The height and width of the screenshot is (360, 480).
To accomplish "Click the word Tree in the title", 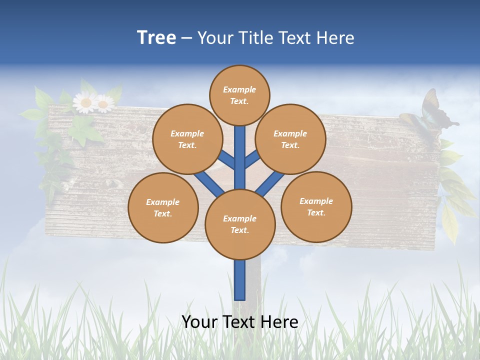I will pyautogui.click(x=156, y=37).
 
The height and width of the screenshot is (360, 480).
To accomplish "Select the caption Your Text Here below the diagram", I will pyautogui.click(x=240, y=322).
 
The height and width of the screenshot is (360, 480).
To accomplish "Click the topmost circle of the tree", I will pyautogui.click(x=239, y=95).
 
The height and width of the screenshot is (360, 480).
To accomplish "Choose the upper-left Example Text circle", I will pyautogui.click(x=187, y=139).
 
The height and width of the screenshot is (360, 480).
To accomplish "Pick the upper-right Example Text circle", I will pyautogui.click(x=290, y=139).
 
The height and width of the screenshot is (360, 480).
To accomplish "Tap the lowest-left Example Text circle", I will pyautogui.click(x=163, y=207).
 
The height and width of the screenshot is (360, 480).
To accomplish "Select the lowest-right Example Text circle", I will pyautogui.click(x=316, y=206).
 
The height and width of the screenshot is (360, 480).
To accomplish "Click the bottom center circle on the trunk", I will pyautogui.click(x=240, y=224).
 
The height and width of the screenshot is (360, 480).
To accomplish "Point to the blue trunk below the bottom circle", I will pyautogui.click(x=240, y=280).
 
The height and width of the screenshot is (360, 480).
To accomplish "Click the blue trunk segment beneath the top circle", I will pyautogui.click(x=240, y=150).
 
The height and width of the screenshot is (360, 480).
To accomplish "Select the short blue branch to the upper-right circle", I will pyautogui.click(x=252, y=159).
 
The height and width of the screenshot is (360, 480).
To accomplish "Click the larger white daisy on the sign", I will pyautogui.click(x=85, y=103).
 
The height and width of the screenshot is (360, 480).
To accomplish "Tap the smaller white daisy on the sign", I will pyautogui.click(x=104, y=104).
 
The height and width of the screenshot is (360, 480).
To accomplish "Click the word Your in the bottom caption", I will pyautogui.click(x=199, y=322).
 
